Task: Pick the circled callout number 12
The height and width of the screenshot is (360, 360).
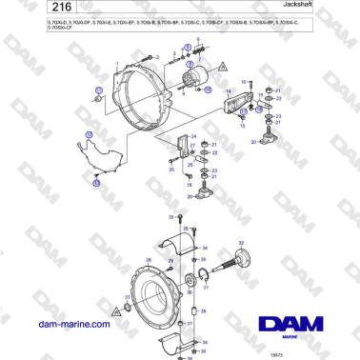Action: click(x=90, y=136)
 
